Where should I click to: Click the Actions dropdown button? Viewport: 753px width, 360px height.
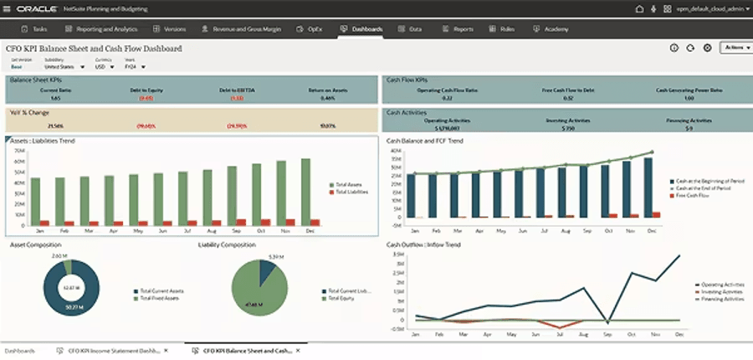(x=734, y=48)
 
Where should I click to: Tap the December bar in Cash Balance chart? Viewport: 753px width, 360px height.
(x=648, y=187)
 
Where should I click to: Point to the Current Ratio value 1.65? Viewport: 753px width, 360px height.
(x=32, y=98)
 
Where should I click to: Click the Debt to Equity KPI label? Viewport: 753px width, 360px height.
(x=146, y=89)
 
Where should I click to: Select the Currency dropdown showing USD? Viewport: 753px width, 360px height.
(x=102, y=66)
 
